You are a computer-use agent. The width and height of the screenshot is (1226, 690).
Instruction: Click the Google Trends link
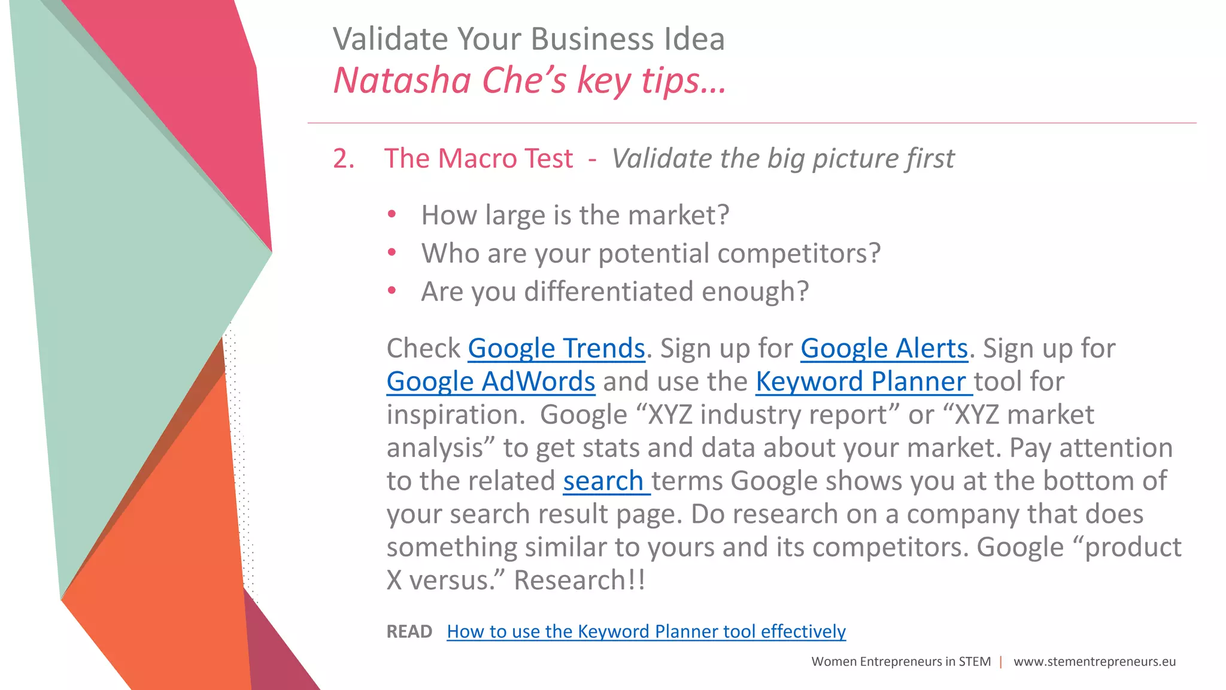pyautogui.click(x=556, y=349)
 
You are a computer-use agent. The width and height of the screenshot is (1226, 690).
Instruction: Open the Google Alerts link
pyautogui.click(x=884, y=349)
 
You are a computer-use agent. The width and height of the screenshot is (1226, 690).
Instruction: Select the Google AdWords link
pyautogui.click(x=491, y=382)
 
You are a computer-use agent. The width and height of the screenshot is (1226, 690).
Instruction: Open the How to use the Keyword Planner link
pyautogui.click(x=646, y=631)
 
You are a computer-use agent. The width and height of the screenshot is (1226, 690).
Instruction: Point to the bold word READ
pyautogui.click(x=409, y=631)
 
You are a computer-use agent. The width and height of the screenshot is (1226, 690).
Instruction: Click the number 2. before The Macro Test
pyautogui.click(x=344, y=159)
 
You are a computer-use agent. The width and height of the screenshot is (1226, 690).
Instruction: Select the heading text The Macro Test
pyautogui.click(x=478, y=159)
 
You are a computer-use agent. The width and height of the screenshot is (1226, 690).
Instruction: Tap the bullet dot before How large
pyautogui.click(x=392, y=214)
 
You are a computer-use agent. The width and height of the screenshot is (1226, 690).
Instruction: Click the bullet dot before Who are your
pyautogui.click(x=392, y=253)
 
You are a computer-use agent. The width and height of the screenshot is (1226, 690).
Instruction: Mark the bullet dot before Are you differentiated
pyautogui.click(x=392, y=291)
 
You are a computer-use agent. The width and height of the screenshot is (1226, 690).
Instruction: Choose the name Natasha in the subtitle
pyautogui.click(x=402, y=80)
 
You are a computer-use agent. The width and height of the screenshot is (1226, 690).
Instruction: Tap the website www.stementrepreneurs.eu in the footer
pyautogui.click(x=1094, y=661)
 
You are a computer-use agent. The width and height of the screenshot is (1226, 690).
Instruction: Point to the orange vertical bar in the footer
pyautogui.click(x=1001, y=661)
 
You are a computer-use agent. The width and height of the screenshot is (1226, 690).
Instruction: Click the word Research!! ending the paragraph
pyautogui.click(x=579, y=580)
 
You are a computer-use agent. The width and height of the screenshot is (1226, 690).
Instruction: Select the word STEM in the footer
pyautogui.click(x=975, y=661)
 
